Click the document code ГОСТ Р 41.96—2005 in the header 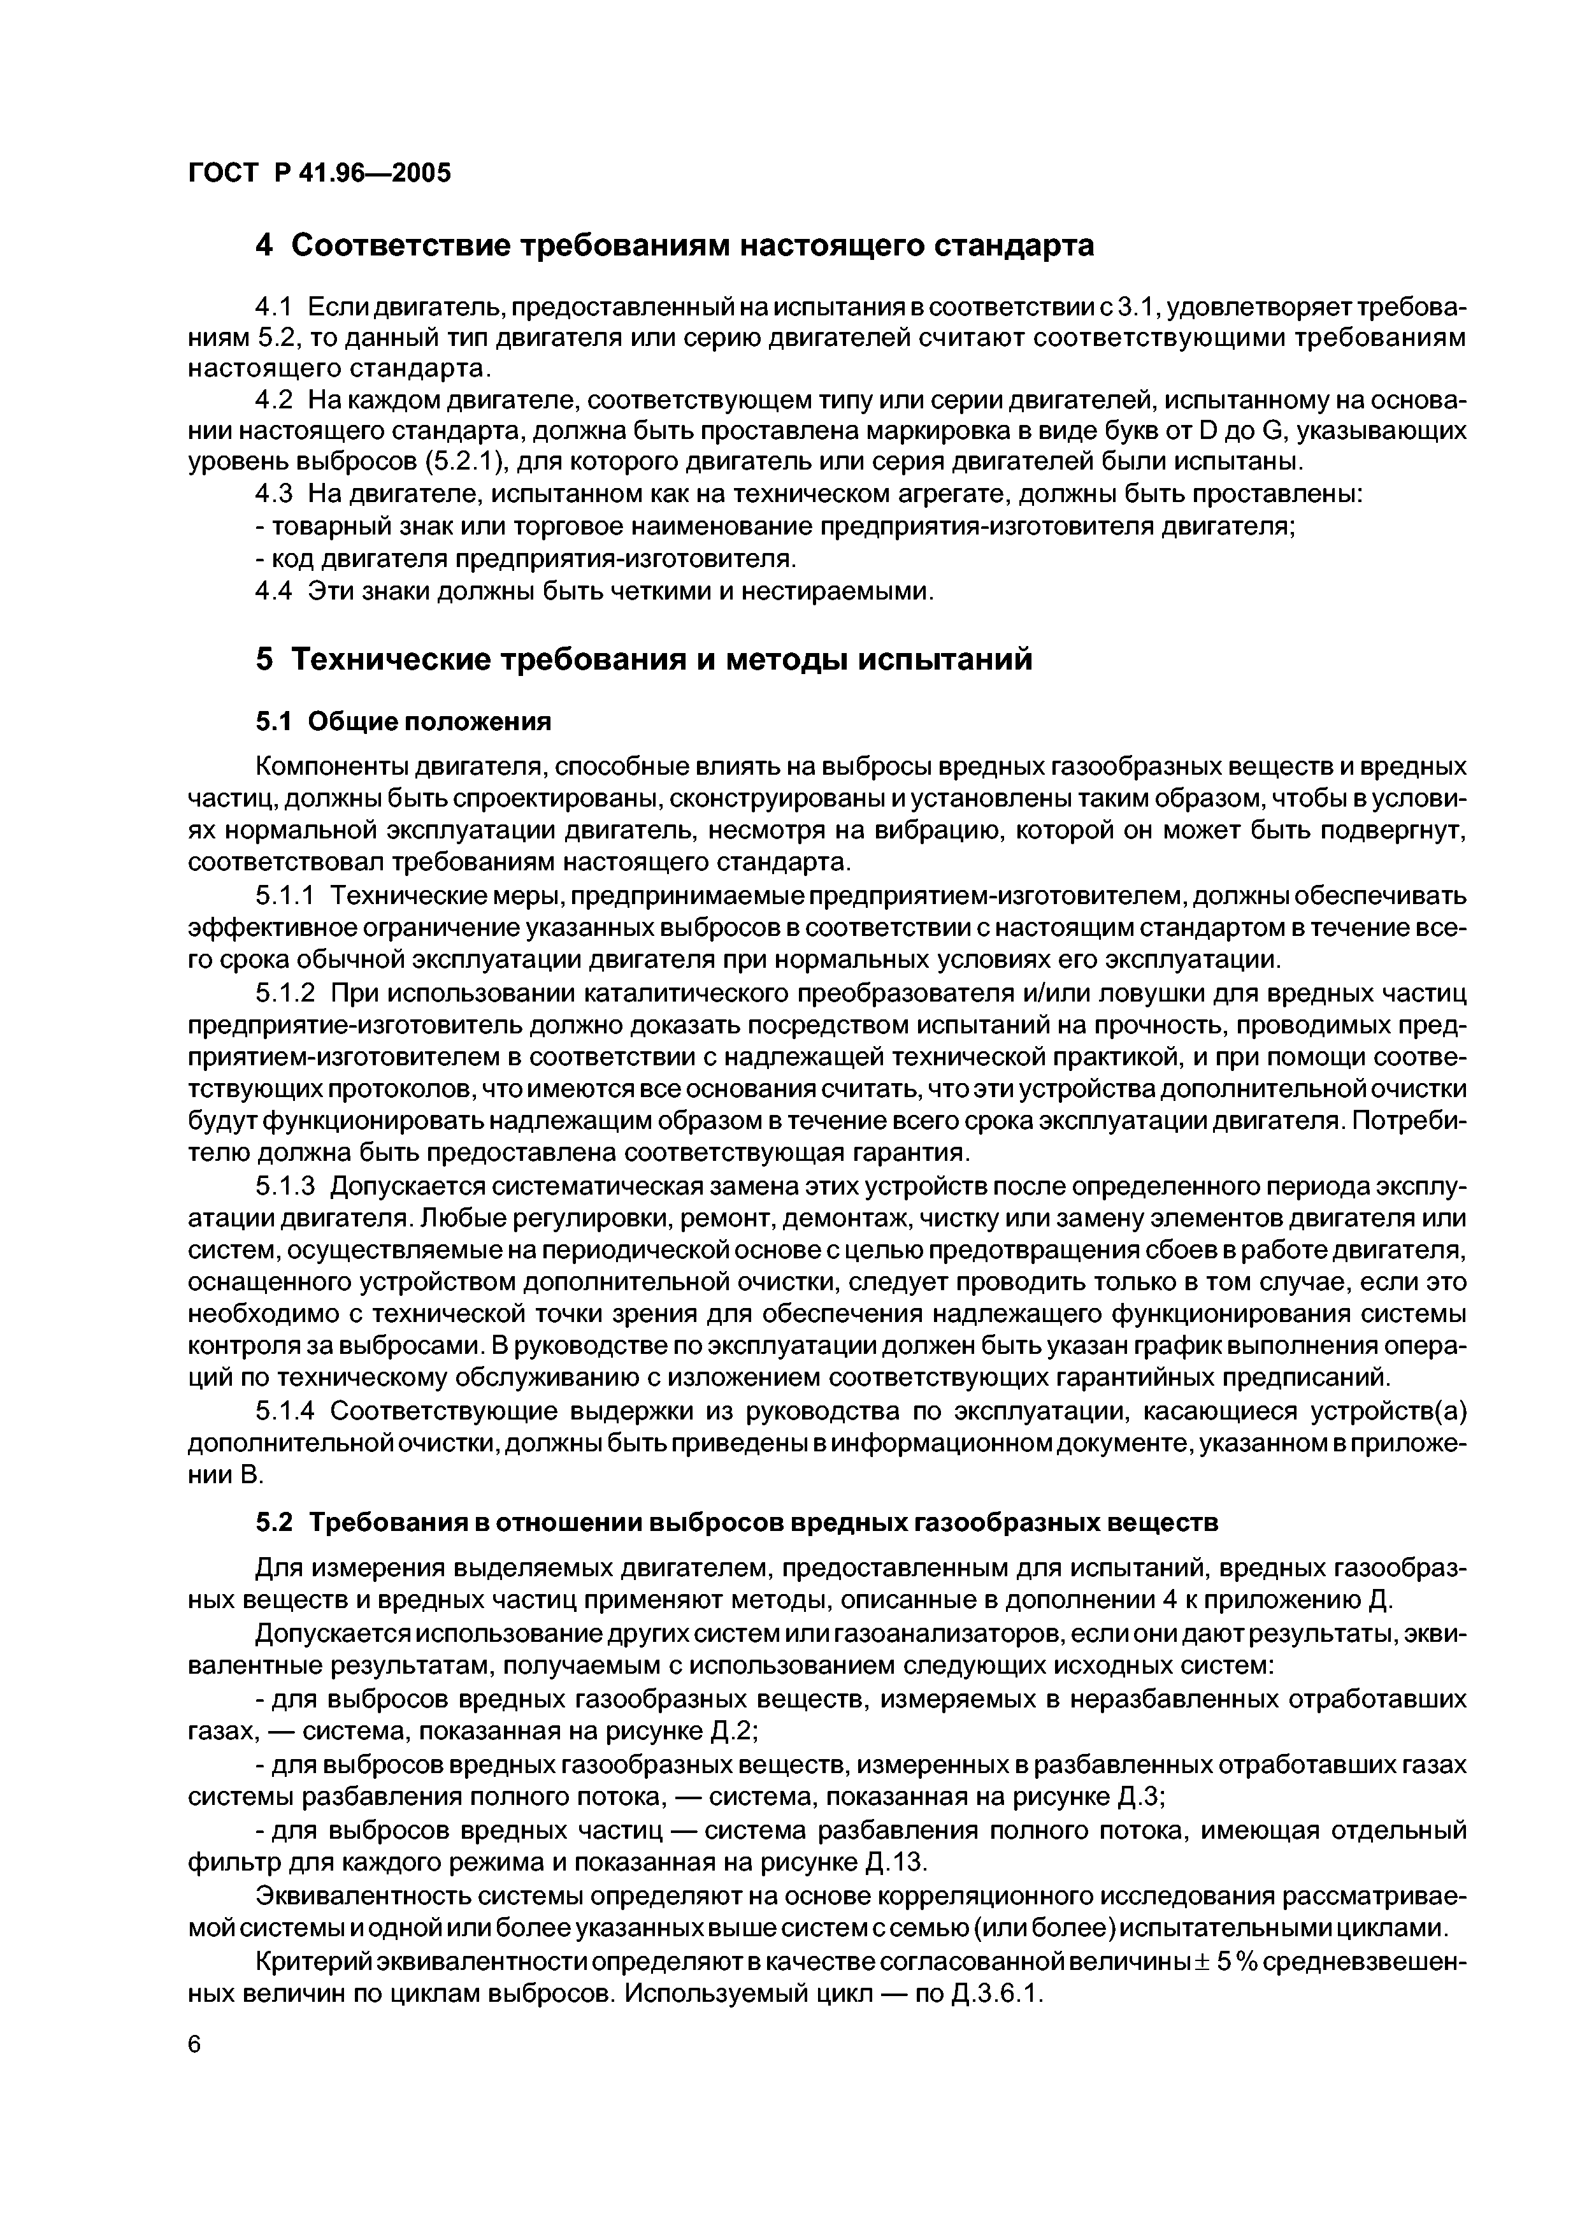coord(319,173)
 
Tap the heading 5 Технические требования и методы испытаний coord(643,660)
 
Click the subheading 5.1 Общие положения coord(403,721)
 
